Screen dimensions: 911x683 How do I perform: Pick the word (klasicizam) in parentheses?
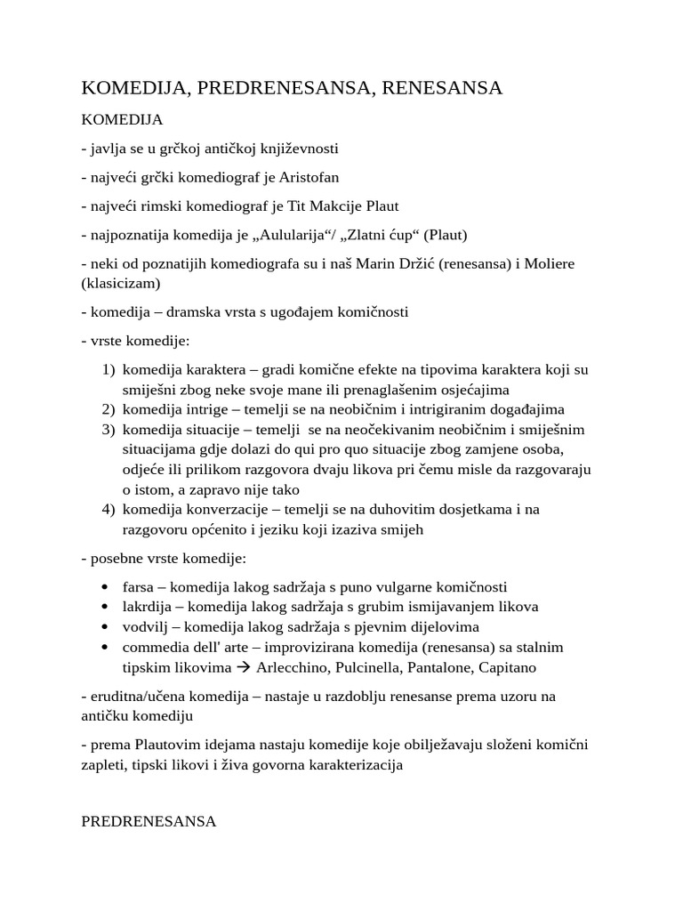pos(122,284)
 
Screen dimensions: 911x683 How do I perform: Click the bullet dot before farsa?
pos(106,588)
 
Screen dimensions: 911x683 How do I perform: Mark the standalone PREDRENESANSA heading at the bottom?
pos(149,822)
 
